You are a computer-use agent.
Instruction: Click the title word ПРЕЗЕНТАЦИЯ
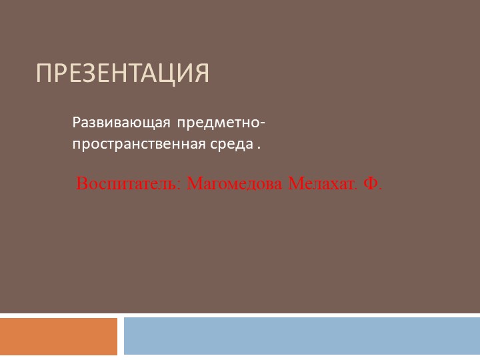pyautogui.click(x=123, y=73)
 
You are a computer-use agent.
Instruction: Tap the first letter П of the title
pyautogui.click(x=43, y=73)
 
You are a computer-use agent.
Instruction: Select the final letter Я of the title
pyautogui.click(x=200, y=73)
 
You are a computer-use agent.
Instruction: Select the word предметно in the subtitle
pyautogui.click(x=215, y=123)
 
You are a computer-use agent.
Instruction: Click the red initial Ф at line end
pyautogui.click(x=371, y=183)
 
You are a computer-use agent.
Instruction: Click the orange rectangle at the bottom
pyautogui.click(x=59, y=337)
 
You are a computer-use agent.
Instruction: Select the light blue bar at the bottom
pyautogui.click(x=301, y=336)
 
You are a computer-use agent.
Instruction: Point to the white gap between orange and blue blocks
pyautogui.click(x=121, y=337)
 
